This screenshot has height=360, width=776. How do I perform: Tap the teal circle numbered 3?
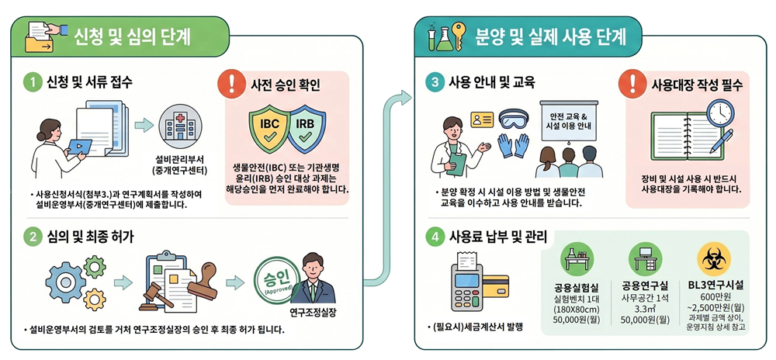click(x=435, y=83)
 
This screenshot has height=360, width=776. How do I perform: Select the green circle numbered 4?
click(x=435, y=237)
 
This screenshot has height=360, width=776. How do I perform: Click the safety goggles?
click(x=513, y=119)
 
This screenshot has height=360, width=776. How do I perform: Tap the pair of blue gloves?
click(x=513, y=146)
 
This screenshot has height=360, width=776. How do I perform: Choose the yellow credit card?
click(x=495, y=286)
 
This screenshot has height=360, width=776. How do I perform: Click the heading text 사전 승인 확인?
click(x=283, y=85)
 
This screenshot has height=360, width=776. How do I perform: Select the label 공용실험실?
click(x=577, y=287)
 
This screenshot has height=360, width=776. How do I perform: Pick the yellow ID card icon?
click(x=482, y=119)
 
